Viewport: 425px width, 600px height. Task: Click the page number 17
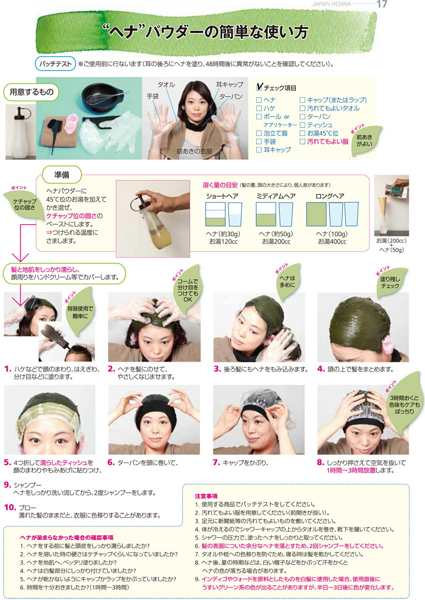click(381, 4)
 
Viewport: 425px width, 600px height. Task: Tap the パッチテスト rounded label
click(56, 64)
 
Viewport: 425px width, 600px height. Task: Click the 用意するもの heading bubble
click(32, 92)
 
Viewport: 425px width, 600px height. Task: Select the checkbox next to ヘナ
click(259, 100)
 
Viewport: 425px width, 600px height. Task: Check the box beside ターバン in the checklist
click(302, 117)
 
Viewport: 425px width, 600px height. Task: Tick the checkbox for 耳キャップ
click(259, 150)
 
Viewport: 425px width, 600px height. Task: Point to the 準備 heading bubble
click(62, 175)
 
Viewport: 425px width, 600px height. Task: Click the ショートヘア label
click(222, 196)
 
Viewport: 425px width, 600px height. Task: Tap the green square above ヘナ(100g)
click(316, 214)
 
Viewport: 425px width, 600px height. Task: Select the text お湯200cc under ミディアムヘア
click(276, 242)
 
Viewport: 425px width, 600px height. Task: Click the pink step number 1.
click(7, 369)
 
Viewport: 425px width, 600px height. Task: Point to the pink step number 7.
click(216, 463)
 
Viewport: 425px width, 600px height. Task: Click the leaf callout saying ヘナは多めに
click(287, 282)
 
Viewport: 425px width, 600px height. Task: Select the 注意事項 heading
click(206, 496)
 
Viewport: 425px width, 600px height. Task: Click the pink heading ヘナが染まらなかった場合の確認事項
click(67, 537)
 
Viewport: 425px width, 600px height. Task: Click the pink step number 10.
click(10, 508)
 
